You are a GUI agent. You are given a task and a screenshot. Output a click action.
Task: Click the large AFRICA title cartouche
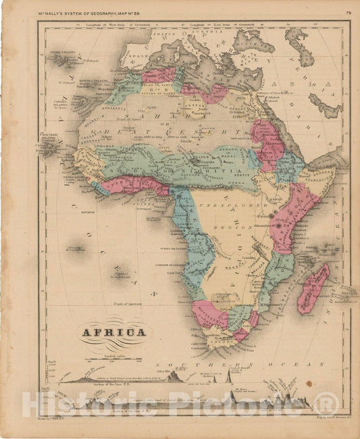113,332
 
